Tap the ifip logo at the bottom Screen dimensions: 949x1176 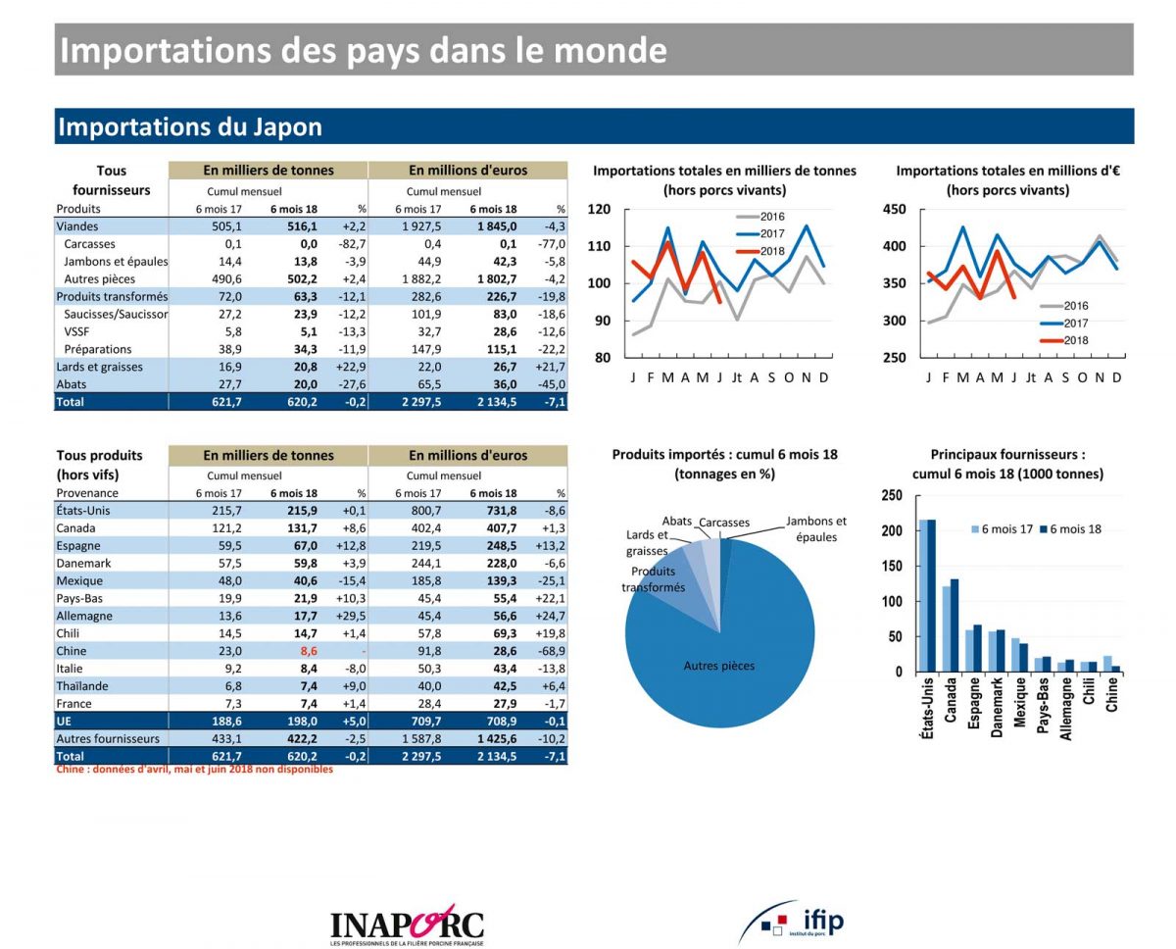pos(791,922)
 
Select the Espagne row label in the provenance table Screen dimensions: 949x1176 pos(78,545)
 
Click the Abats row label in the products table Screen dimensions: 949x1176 pos(72,384)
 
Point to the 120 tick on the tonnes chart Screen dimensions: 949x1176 pos(599,209)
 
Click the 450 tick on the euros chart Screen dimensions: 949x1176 pos(893,209)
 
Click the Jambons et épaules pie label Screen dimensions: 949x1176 pos(815,529)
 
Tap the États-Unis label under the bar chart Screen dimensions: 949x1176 pos(927,712)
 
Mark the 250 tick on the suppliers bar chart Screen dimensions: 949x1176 pos(891,495)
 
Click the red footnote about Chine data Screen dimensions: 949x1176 pos(194,770)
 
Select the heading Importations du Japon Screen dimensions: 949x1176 pos(190,127)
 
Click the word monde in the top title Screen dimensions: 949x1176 pos(611,50)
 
